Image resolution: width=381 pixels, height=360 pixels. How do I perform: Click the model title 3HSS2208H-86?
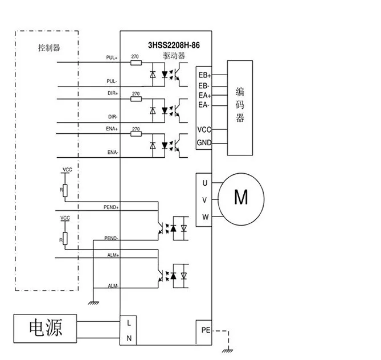[174, 45]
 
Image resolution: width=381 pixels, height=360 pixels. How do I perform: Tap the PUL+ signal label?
[112, 58]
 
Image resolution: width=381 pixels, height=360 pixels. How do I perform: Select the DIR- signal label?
[113, 117]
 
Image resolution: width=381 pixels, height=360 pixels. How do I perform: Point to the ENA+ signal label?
[112, 129]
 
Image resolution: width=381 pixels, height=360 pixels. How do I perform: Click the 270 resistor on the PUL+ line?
[136, 63]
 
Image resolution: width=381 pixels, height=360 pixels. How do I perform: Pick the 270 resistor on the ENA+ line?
[136, 134]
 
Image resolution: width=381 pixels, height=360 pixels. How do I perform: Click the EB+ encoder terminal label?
[204, 75]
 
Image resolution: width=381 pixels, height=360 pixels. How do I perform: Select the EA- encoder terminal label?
[204, 105]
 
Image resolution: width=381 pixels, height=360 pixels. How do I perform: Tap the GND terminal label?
[204, 142]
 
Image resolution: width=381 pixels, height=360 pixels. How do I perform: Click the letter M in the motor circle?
[241, 197]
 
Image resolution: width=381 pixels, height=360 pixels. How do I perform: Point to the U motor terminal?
[205, 183]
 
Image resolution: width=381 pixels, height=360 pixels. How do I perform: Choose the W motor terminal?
[206, 217]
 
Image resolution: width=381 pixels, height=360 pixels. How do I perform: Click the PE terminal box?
[204, 332]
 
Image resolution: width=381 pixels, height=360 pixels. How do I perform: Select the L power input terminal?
[129, 323]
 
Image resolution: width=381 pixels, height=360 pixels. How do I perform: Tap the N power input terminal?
[129, 338]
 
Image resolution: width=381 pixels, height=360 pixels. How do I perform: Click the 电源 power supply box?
[45, 329]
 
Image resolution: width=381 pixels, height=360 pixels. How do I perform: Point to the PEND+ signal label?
[111, 207]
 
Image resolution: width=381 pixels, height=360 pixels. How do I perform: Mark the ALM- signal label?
[113, 286]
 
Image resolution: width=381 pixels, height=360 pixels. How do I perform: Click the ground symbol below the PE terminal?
[227, 351]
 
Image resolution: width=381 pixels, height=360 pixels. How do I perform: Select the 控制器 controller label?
[49, 48]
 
